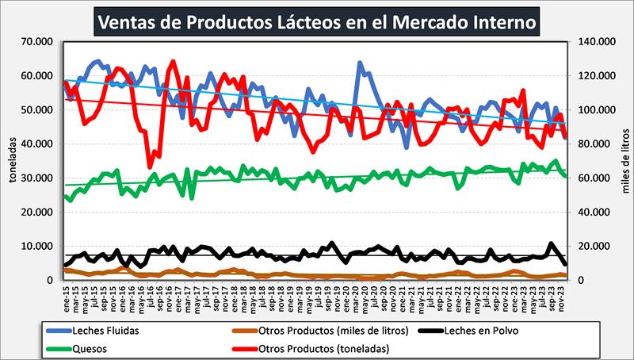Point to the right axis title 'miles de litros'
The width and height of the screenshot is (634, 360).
[x=626, y=161]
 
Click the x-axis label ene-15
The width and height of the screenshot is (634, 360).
[x=66, y=297]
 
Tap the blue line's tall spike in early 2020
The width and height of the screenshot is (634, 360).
[x=360, y=63]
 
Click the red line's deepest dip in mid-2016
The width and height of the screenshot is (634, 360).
[x=150, y=167]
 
